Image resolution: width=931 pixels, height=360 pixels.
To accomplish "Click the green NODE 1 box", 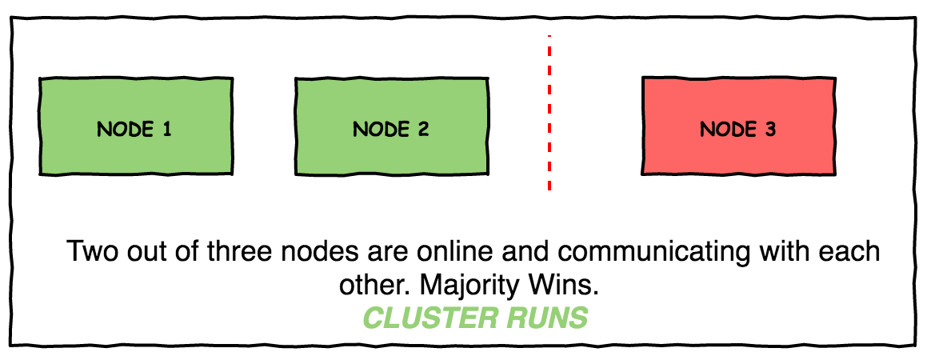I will pos(136,126).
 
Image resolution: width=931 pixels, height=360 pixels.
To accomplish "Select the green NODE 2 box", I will pos(391,126).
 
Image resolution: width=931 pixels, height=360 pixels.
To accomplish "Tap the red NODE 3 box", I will pos(738,126).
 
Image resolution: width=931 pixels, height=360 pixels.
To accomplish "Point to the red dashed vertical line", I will pos(549,112).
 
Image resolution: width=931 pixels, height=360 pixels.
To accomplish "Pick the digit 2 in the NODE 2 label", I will pos(423,129).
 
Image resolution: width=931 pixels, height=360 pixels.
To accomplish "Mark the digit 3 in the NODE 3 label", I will pos(770,129).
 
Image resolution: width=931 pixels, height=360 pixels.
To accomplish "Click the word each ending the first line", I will pos(849,251).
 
